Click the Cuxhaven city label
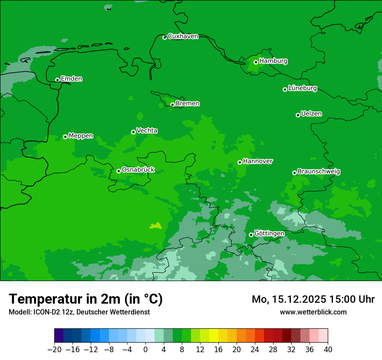[x=183, y=36]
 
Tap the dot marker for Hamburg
[x=256, y=62]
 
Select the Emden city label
[x=71, y=79]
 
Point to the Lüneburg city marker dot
[x=285, y=89]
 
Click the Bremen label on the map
[x=187, y=104]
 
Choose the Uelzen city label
[x=311, y=114]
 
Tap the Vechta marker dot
[x=133, y=132]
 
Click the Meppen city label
[x=81, y=136]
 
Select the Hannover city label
[x=258, y=161]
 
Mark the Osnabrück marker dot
[x=119, y=171]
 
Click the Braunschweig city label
[x=319, y=172]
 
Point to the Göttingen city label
[x=269, y=234]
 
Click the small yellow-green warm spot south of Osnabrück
[x=155, y=226]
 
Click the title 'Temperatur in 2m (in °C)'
[x=86, y=299]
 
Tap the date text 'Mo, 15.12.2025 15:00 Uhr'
[x=313, y=299]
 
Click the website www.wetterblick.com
[x=313, y=312]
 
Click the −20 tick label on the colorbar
[x=54, y=350]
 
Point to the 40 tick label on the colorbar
[x=328, y=350]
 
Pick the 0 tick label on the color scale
[x=145, y=350]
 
